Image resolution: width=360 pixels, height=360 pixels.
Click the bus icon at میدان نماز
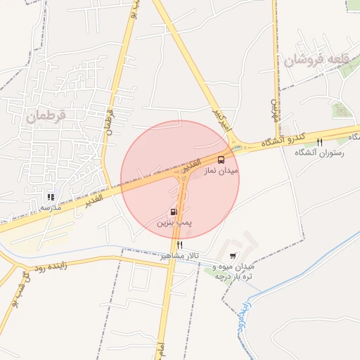[x=221, y=160]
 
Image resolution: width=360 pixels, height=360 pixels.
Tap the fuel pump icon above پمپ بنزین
[x=173, y=212]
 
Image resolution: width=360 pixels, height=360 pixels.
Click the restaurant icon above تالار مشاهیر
[x=180, y=245]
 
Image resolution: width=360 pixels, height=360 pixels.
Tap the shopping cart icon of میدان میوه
[x=233, y=255]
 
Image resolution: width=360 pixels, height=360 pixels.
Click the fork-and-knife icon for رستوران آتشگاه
[x=320, y=142]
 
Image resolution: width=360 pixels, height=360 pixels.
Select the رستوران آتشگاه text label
[x=319, y=153]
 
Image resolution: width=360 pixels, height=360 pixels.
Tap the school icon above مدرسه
[x=50, y=197]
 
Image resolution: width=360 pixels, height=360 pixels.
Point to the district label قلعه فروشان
[x=316, y=60]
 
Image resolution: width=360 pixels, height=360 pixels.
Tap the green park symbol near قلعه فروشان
[x=342, y=110]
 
